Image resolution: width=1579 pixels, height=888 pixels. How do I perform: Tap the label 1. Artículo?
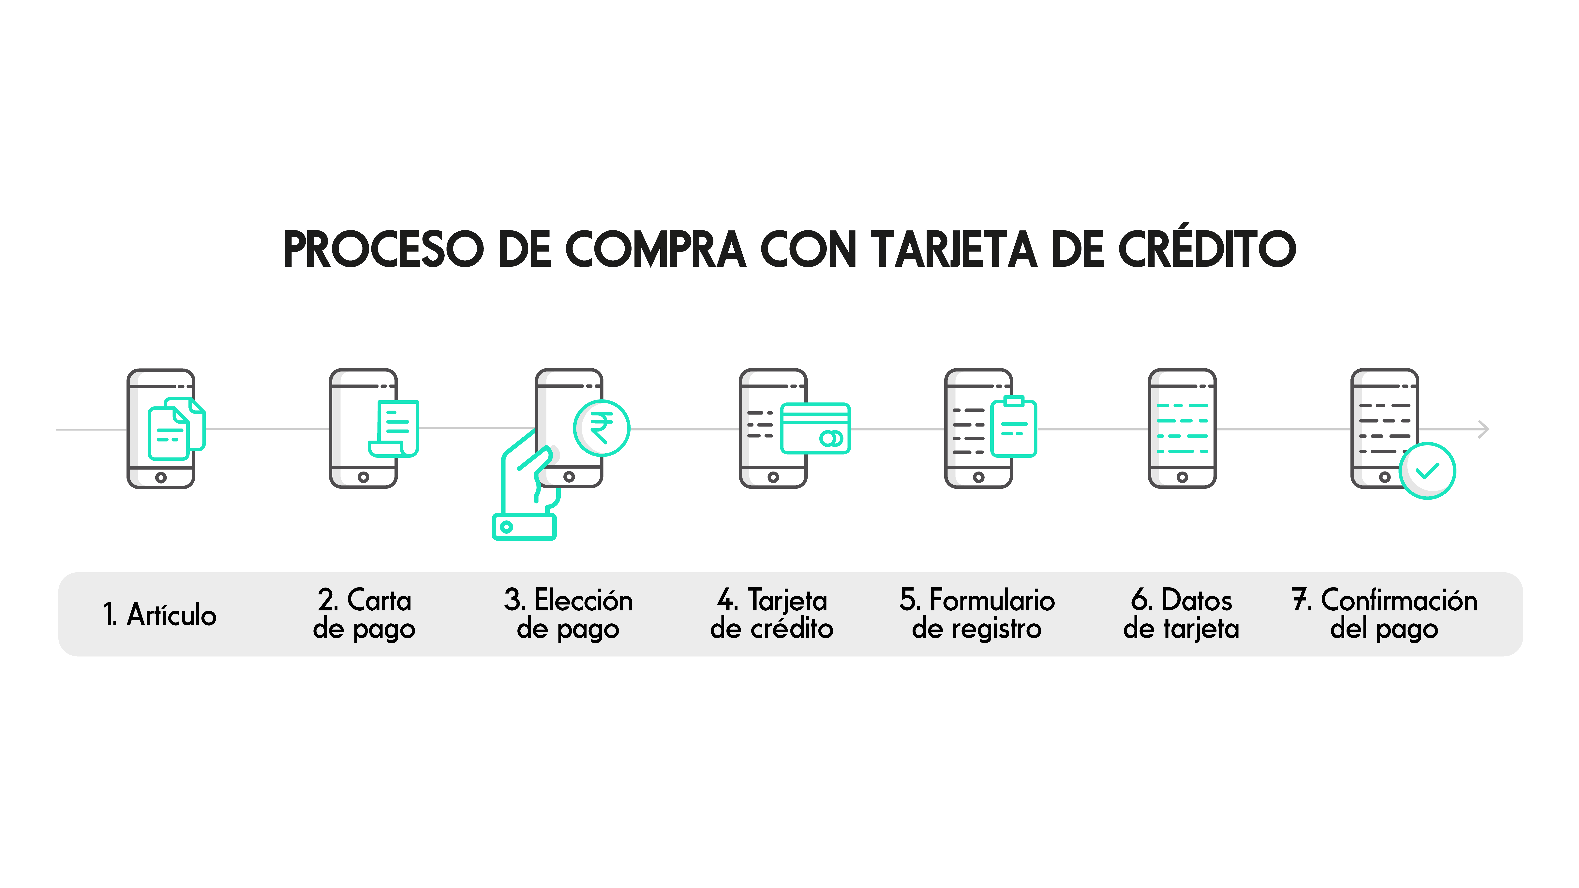159,615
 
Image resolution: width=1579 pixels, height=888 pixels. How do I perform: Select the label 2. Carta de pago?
364,614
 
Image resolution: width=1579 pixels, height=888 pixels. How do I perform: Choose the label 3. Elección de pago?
568,614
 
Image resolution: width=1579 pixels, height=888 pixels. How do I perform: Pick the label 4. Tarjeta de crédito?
772,614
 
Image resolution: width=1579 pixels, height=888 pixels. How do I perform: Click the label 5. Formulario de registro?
977,614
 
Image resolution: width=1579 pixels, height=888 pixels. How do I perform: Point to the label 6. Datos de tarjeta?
1181,614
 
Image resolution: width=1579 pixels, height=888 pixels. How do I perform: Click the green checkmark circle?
1427,471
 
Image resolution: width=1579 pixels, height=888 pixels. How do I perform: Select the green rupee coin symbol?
601,428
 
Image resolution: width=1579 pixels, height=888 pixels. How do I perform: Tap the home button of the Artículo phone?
161,477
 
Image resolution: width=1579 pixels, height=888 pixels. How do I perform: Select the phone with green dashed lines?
1182,428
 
